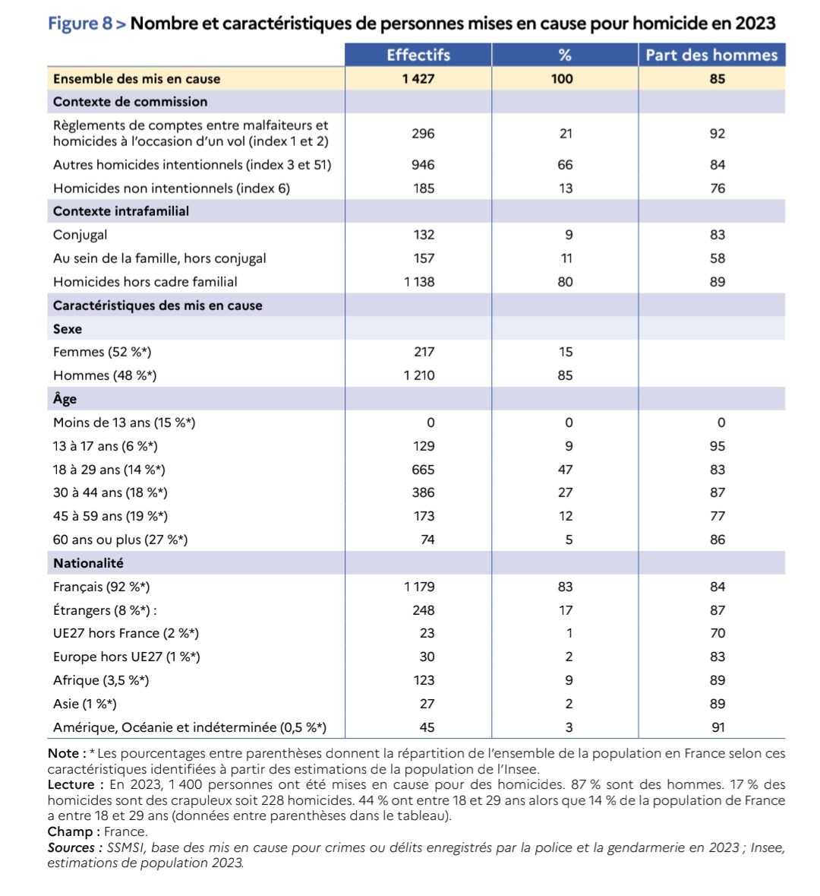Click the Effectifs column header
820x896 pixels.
[418, 55]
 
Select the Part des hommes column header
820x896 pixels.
[711, 55]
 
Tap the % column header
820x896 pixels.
[565, 55]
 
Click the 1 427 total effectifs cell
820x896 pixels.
[418, 78]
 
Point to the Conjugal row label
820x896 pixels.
[80, 235]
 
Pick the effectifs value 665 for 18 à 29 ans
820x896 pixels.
[423, 470]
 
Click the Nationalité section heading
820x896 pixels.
[88, 563]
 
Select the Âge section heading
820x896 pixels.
[65, 399]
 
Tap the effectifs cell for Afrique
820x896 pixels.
[424, 680]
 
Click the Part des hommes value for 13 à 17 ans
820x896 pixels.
[717, 446]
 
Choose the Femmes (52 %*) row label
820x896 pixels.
[102, 352]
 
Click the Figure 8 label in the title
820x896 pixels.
[79, 23]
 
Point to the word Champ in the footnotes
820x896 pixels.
[69, 831]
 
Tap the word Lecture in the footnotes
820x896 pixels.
[71, 784]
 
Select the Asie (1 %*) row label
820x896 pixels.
[85, 704]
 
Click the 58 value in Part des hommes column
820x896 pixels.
[717, 258]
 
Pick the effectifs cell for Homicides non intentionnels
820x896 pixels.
[424, 188]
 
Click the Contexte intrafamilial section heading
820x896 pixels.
[121, 211]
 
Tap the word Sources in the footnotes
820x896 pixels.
[71, 847]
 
